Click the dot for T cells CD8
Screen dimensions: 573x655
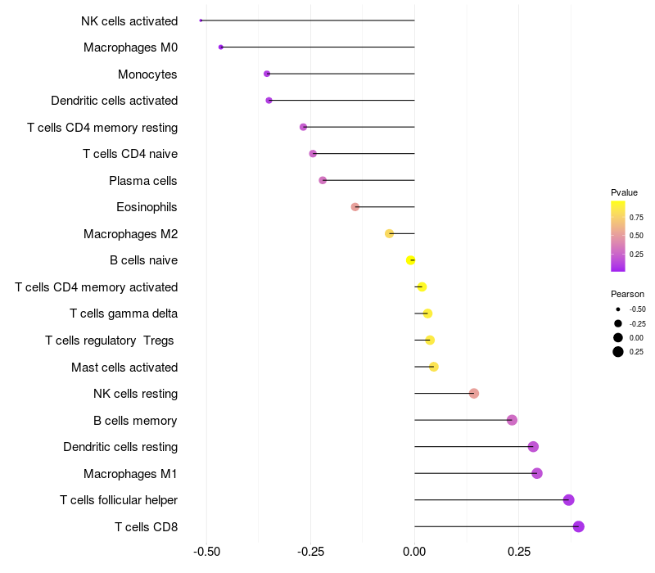coord(579,526)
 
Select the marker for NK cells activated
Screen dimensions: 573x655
coord(201,20)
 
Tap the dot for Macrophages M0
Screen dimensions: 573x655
coord(221,47)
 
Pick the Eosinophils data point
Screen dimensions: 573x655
coord(355,207)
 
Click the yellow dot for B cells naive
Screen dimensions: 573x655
coord(411,260)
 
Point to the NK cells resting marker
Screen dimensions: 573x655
coord(474,394)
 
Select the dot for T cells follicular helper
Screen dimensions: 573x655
coord(569,500)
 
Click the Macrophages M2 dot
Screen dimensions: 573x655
coord(390,233)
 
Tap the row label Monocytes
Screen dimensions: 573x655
coord(147,74)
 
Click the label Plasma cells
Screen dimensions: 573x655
coord(143,180)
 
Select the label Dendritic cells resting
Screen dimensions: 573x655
coord(120,447)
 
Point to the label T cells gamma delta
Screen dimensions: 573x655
coord(124,314)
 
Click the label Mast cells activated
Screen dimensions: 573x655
coord(124,367)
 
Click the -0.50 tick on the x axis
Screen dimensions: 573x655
coord(206,552)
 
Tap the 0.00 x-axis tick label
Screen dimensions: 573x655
coord(414,552)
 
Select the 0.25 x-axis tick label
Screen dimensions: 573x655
coord(518,552)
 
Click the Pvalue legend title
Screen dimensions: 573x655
coord(624,192)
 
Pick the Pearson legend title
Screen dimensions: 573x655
coord(627,294)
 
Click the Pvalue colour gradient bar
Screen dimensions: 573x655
coord(618,236)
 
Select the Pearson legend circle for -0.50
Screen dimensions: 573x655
coord(618,309)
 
